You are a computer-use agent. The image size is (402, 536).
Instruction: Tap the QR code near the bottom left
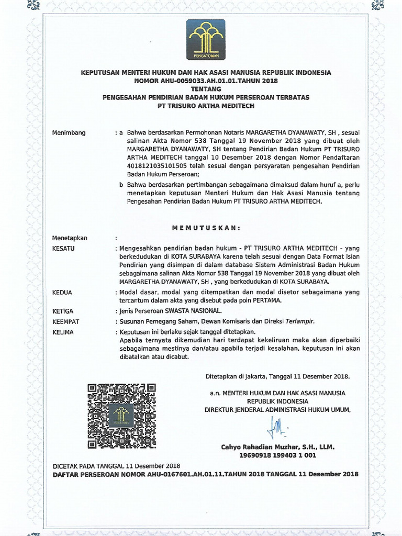pyautogui.click(x=121, y=416)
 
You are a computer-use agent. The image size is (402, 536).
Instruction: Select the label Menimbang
pyautogui.click(x=69, y=133)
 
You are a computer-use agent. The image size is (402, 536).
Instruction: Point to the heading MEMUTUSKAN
pyautogui.click(x=206, y=228)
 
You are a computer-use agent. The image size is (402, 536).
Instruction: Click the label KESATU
pyautogui.click(x=64, y=248)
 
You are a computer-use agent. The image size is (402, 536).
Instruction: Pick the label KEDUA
pyautogui.click(x=62, y=292)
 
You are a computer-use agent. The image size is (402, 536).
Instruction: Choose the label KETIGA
pyautogui.click(x=63, y=311)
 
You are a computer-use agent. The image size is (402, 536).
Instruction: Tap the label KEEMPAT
pyautogui.click(x=65, y=321)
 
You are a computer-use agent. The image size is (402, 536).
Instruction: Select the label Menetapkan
pyautogui.click(x=70, y=238)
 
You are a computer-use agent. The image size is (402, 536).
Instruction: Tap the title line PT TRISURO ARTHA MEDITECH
pyautogui.click(x=206, y=105)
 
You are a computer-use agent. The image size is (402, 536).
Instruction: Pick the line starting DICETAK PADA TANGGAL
pyautogui.click(x=116, y=466)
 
